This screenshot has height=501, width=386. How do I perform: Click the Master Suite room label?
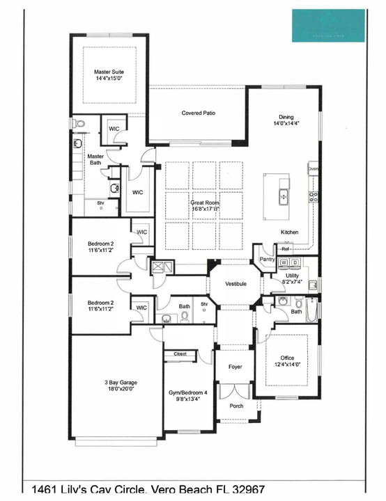coord(108,75)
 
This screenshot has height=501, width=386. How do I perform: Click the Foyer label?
coord(236,367)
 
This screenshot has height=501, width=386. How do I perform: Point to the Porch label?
coord(236,405)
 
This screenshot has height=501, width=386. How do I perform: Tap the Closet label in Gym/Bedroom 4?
coord(180,354)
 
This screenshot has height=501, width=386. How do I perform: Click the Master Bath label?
coord(95,159)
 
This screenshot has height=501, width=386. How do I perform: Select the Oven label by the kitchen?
coord(314,169)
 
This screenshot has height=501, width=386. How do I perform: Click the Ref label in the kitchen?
coord(286,248)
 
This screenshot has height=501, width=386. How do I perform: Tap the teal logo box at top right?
coord(328,26)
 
